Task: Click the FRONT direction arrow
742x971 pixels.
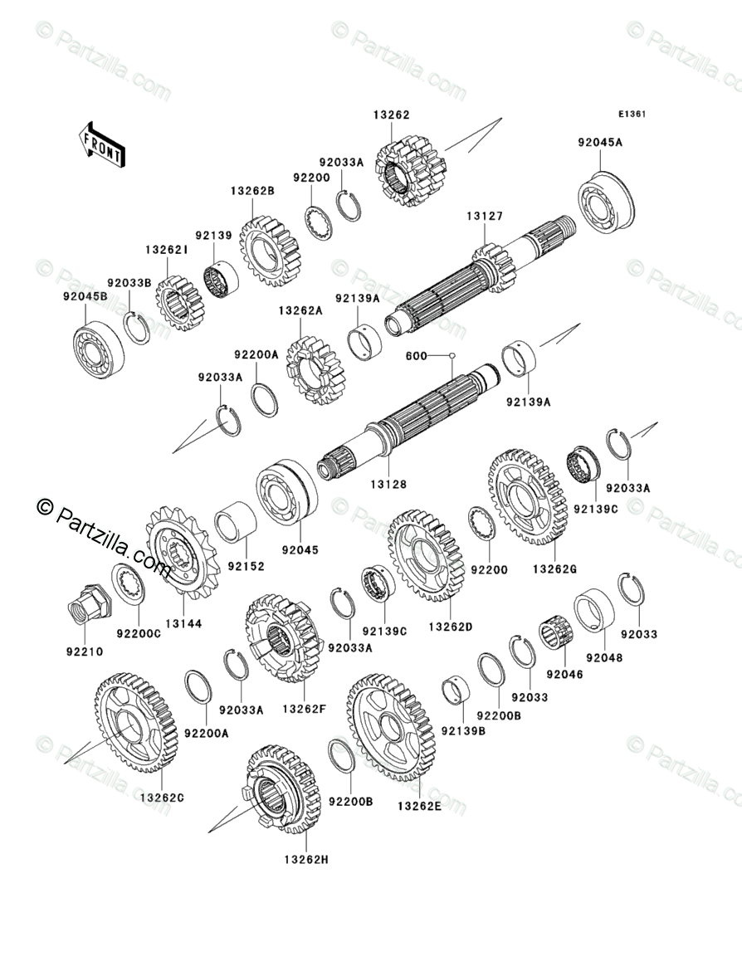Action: click(x=101, y=143)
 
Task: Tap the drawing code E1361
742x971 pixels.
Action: click(x=630, y=115)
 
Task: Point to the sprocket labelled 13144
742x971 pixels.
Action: click(x=181, y=552)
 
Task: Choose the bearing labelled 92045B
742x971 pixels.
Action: click(x=97, y=349)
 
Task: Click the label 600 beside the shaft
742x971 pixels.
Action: click(x=416, y=356)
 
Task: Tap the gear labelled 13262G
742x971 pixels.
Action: click(x=527, y=496)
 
